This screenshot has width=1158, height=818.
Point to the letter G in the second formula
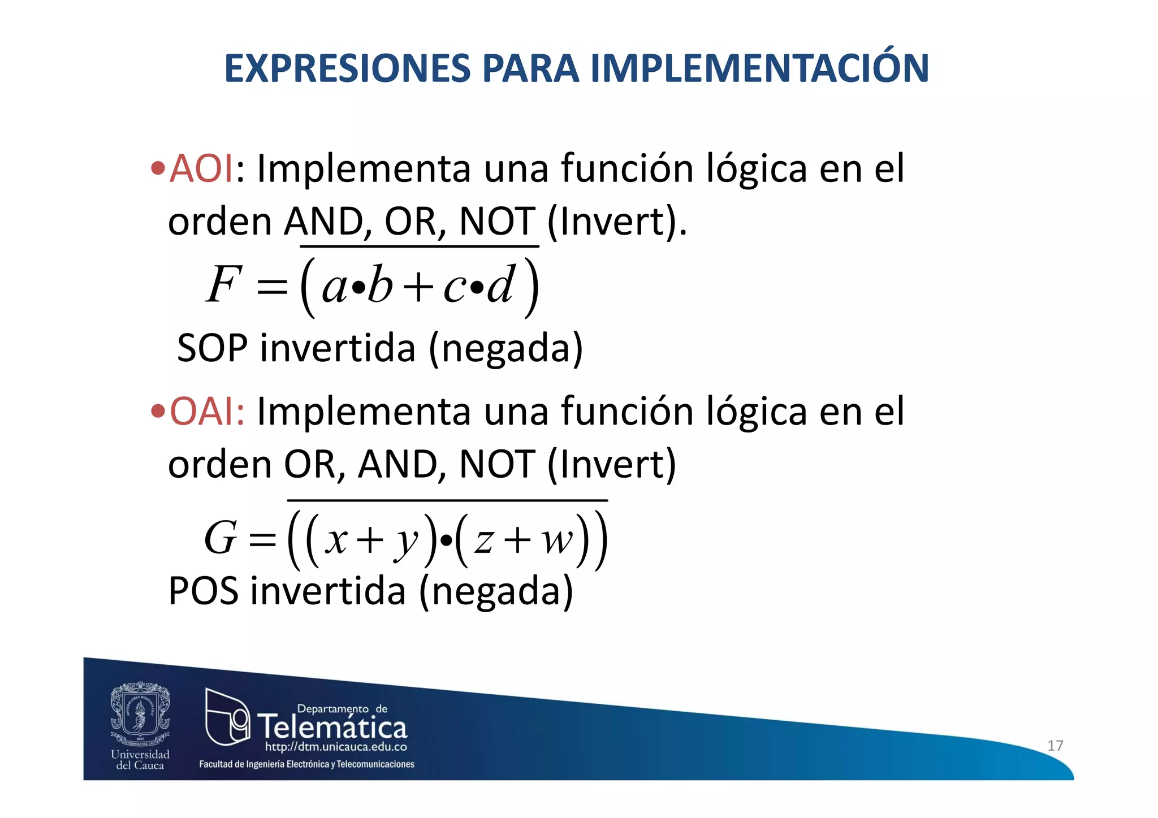220,538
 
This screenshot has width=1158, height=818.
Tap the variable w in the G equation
557,540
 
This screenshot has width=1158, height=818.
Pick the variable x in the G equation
336,540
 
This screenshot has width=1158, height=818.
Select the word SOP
212,348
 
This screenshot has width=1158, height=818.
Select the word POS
203,591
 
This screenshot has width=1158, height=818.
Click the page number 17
1055,746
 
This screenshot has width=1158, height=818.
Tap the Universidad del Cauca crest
140,713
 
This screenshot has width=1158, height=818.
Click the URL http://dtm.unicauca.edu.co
336,747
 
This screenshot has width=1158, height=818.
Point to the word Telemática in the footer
332,727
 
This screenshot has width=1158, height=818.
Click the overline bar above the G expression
447,500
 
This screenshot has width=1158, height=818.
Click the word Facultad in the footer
215,764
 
